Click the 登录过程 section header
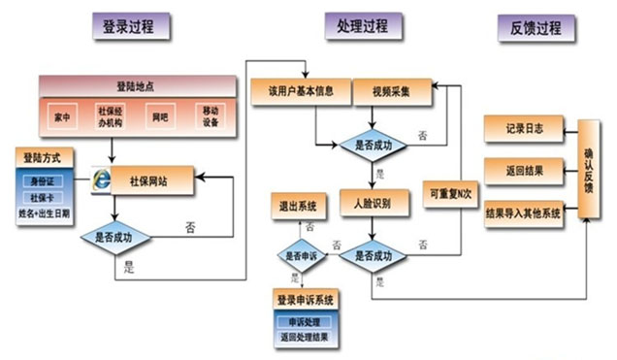135,27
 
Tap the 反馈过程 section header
536,27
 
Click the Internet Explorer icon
100,180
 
